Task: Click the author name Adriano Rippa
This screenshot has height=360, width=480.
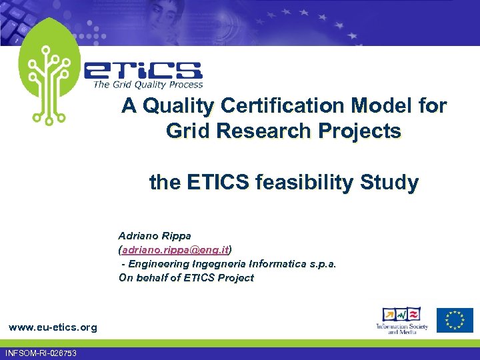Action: pos(155,236)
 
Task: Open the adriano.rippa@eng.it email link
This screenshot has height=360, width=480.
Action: pos(175,250)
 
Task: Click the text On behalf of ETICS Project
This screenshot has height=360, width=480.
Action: pos(186,278)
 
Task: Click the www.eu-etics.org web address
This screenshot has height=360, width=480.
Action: pos(52,327)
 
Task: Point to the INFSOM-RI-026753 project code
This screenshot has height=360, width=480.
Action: pos(40,353)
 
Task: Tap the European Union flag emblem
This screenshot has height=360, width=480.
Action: pos(455,320)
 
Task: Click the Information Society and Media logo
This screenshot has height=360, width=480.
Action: pos(401,321)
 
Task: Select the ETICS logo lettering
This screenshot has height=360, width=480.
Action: pos(143,70)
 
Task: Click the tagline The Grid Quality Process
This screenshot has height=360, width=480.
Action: pos(148,85)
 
